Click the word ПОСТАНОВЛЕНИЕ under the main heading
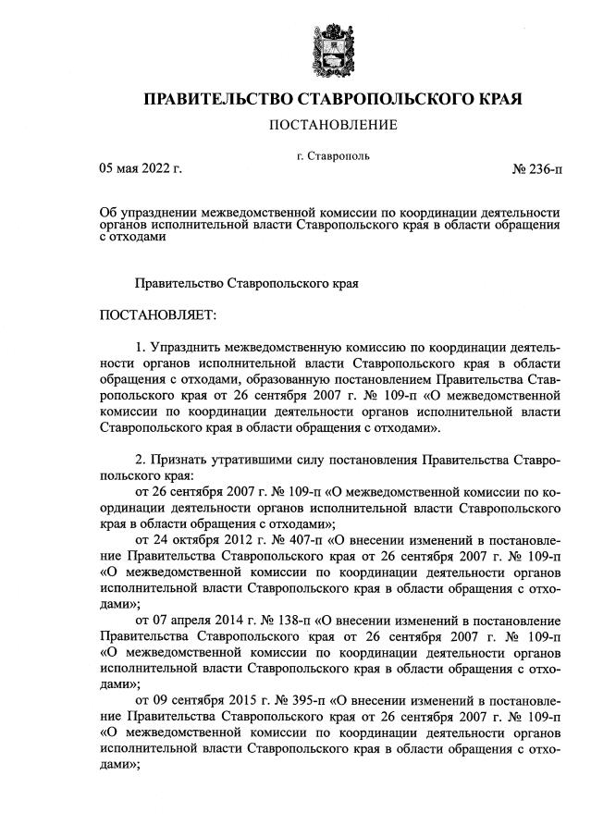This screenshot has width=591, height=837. [332, 125]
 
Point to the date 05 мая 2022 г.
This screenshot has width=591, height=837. [141, 168]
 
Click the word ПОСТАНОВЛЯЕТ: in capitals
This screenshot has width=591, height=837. [156, 316]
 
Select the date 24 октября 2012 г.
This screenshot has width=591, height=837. [190, 538]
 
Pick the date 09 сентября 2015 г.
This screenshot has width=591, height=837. [195, 695]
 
